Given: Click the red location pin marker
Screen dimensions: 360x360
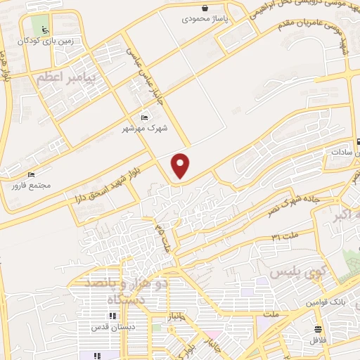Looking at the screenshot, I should [x=181, y=166].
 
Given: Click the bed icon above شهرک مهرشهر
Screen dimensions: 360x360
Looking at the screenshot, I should [x=144, y=117].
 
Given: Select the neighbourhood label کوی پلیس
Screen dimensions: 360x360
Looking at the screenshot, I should [x=291, y=272].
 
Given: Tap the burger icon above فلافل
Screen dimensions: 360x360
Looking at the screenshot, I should [x=319, y=329].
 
